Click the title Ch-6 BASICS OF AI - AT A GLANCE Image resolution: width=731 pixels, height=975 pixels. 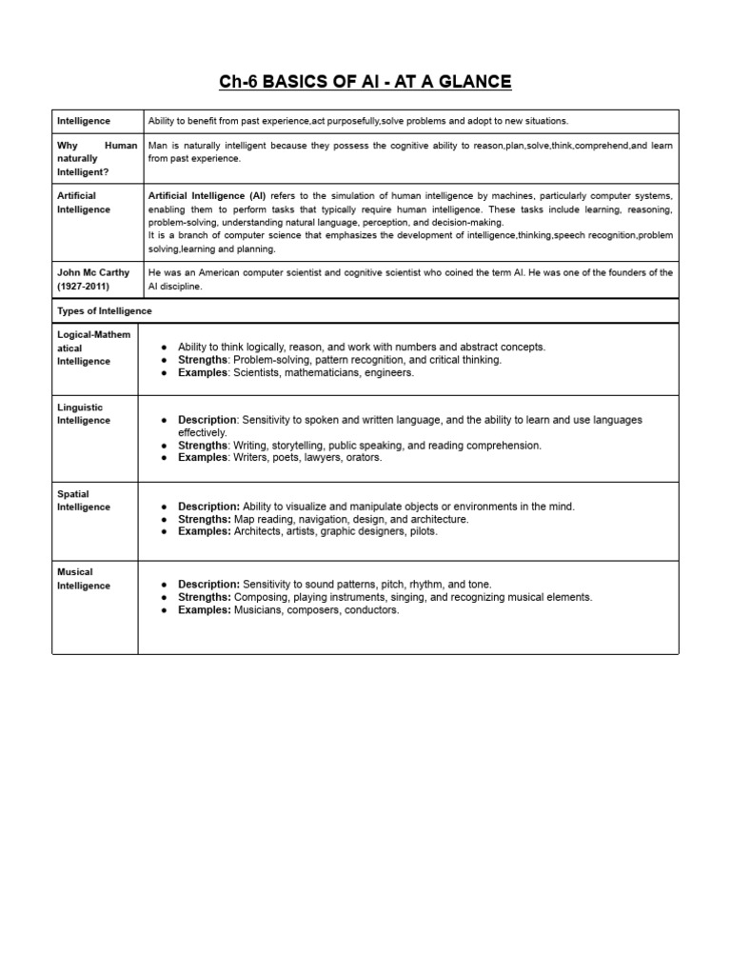point(365,82)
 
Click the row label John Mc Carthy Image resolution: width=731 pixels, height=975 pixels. point(93,272)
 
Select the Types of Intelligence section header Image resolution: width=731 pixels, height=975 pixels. point(104,311)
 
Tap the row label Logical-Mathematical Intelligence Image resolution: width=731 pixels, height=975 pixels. point(94,348)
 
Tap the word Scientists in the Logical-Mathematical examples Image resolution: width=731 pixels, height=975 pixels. point(257,373)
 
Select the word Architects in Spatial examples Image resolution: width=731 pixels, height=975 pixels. point(262,532)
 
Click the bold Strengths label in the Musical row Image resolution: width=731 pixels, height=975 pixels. point(205,597)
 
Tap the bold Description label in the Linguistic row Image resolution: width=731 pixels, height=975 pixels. point(208,420)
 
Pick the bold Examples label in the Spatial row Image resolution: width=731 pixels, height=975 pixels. point(205,532)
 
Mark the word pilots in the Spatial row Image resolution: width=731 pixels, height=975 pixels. point(424,532)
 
